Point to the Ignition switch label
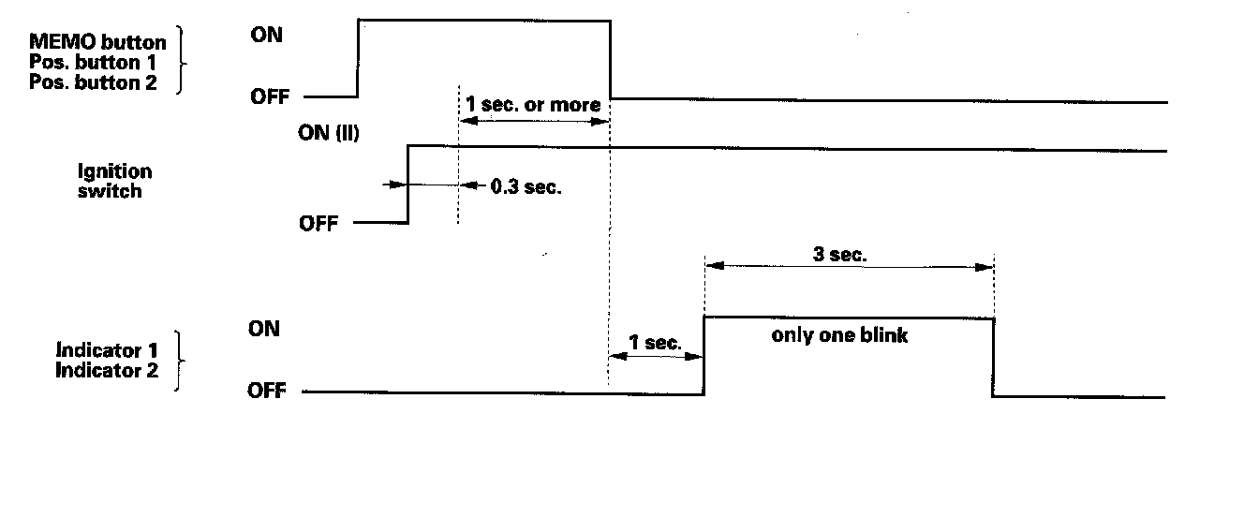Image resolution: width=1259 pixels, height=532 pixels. click(x=115, y=181)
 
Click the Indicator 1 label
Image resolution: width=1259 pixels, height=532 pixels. click(x=108, y=350)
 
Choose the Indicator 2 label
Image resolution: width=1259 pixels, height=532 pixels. click(x=108, y=370)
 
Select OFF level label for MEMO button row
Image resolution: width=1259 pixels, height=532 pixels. click(x=270, y=96)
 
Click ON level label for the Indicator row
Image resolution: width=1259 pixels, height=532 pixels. click(x=263, y=329)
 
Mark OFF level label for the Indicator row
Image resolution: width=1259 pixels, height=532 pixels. click(x=266, y=391)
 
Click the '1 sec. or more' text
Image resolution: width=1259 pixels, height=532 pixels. click(x=533, y=105)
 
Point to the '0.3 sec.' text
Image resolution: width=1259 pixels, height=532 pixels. click(x=526, y=186)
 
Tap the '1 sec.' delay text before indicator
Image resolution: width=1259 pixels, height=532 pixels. click(x=655, y=343)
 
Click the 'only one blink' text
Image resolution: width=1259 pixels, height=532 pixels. click(x=839, y=335)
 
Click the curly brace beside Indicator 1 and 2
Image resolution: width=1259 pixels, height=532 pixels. click(x=179, y=361)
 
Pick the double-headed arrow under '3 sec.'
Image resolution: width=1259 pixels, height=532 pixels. click(x=849, y=266)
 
